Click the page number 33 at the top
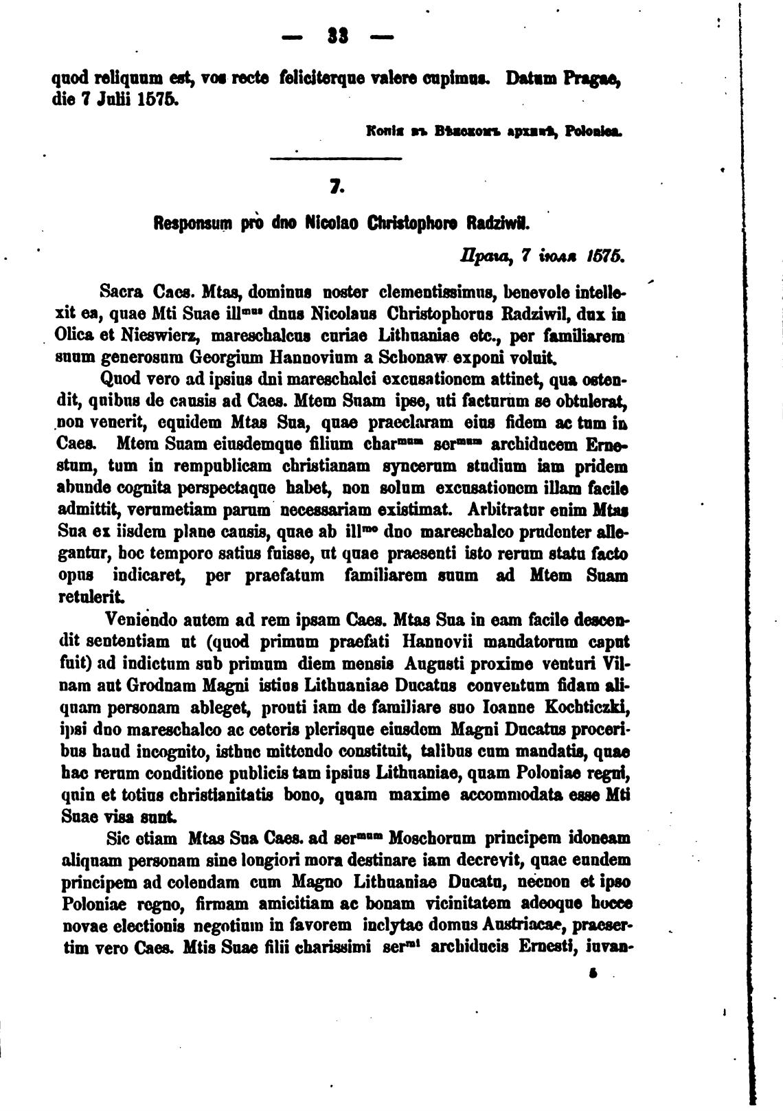click(x=336, y=36)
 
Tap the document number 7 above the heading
click(x=336, y=187)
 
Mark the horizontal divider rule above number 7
click(x=336, y=160)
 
